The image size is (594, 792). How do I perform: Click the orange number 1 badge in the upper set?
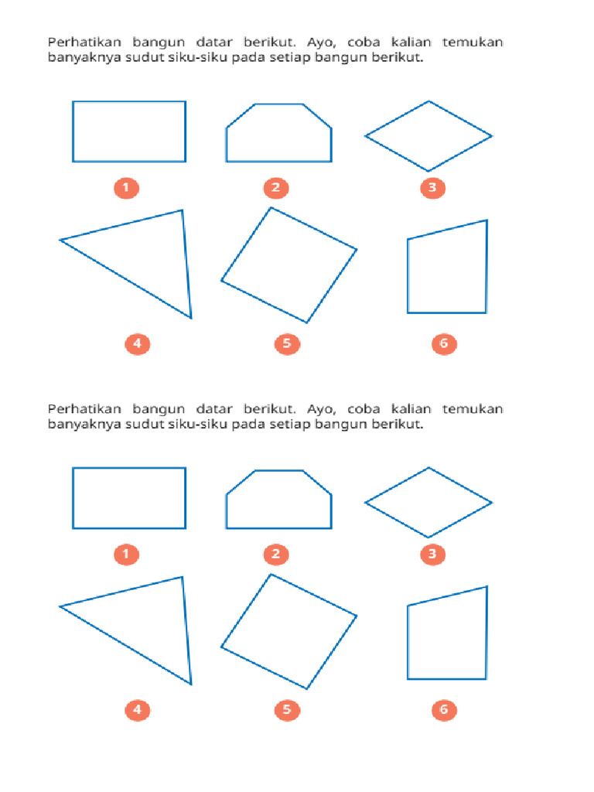point(125,187)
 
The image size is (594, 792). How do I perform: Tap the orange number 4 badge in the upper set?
point(137,343)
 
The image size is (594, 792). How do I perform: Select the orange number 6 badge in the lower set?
point(444,709)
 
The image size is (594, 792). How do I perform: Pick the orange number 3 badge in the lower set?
point(432,554)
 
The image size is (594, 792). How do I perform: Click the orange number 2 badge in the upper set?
point(275,187)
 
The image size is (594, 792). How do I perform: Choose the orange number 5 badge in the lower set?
point(286,709)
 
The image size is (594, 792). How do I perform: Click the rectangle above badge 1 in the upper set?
point(129,131)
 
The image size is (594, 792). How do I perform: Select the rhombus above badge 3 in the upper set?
point(428,136)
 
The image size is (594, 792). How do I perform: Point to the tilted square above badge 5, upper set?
point(288,265)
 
